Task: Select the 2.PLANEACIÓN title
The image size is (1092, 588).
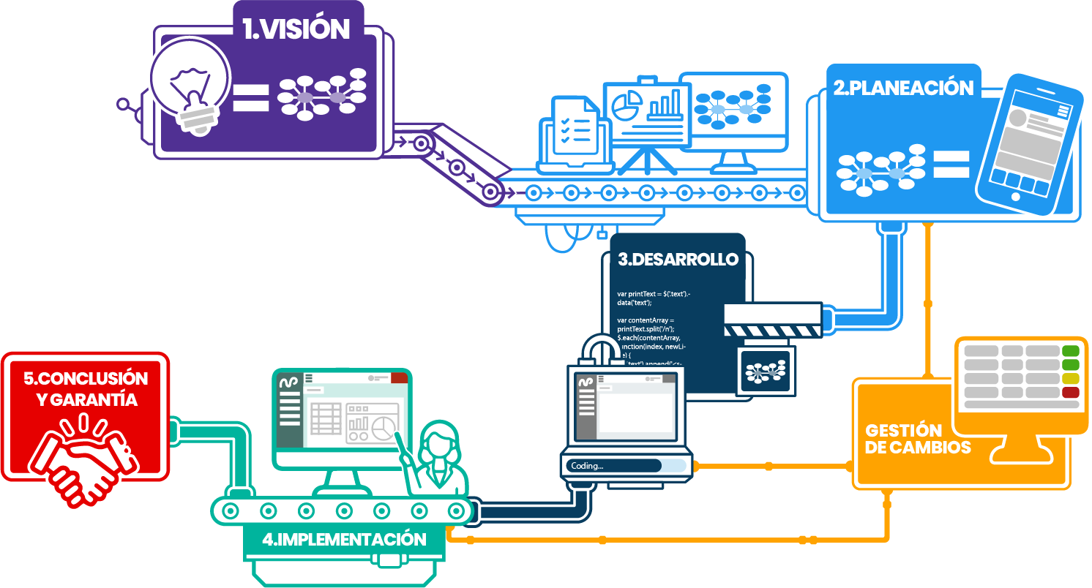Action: pos(903,88)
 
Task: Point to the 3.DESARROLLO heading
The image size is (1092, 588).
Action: pos(678,260)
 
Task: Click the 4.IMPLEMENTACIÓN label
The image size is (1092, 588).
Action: pos(344,540)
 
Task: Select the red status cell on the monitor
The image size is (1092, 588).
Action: pos(1070,393)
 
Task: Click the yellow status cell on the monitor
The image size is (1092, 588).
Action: pos(1070,378)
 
